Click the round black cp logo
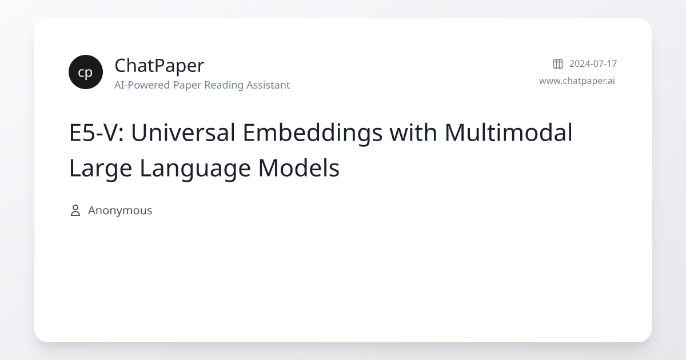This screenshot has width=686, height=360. coord(86,72)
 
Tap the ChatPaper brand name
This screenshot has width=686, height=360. coord(159,66)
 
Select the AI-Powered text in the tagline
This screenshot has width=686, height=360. coord(142,85)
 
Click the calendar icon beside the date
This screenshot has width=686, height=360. coord(558,63)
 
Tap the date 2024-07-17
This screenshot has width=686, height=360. coord(593,63)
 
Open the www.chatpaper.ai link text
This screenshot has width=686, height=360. coord(577,81)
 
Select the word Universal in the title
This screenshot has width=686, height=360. coord(183,133)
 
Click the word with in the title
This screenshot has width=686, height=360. coord(413,132)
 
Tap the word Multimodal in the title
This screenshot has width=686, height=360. coord(508,132)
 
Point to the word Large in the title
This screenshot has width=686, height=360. coord(101,169)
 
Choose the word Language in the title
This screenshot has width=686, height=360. coord(195,169)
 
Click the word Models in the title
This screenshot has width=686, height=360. coord(299,168)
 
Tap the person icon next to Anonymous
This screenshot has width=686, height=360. coord(75,211)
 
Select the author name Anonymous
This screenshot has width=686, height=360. coord(120,211)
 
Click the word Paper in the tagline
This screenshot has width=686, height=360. coord(187,85)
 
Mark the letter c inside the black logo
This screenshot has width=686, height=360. coord(81,73)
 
